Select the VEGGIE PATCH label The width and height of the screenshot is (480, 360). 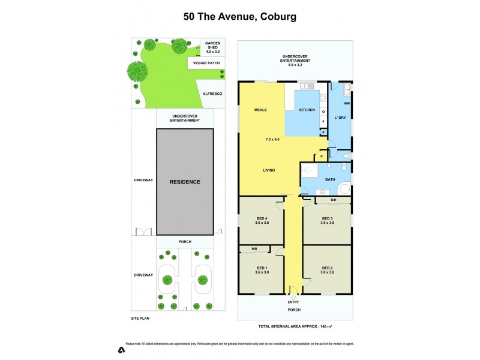[203, 62]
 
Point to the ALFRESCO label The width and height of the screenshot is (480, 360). [213, 94]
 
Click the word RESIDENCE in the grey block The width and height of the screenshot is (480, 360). [184, 182]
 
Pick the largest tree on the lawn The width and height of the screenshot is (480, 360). [137, 71]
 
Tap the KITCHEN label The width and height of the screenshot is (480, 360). [307, 110]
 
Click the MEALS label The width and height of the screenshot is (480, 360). [260, 110]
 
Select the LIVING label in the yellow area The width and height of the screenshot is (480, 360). [269, 170]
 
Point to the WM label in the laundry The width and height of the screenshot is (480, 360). [347, 104]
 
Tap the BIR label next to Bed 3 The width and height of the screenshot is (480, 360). [332, 200]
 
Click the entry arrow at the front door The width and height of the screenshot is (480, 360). [293, 296]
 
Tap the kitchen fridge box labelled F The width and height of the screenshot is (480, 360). [323, 121]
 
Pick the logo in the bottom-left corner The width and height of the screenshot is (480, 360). [122, 349]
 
